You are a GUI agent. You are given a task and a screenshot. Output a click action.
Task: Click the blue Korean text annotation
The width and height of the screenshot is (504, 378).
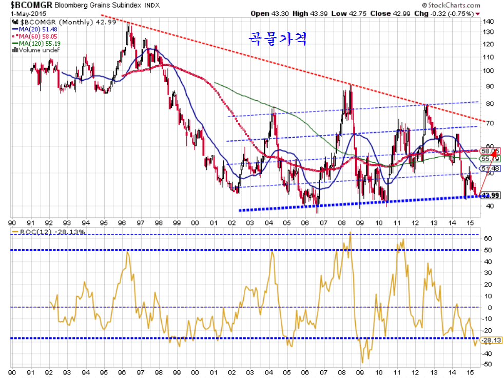click(x=278, y=39)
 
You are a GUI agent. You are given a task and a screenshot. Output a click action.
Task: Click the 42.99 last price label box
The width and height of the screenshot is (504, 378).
click(x=491, y=195)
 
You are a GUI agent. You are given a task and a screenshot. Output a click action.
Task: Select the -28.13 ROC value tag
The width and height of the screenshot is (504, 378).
click(x=491, y=340)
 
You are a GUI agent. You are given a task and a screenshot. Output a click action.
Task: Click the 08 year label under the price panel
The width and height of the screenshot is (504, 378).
click(x=343, y=223)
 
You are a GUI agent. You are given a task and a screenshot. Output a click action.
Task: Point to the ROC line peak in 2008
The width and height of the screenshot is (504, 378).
click(x=350, y=232)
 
